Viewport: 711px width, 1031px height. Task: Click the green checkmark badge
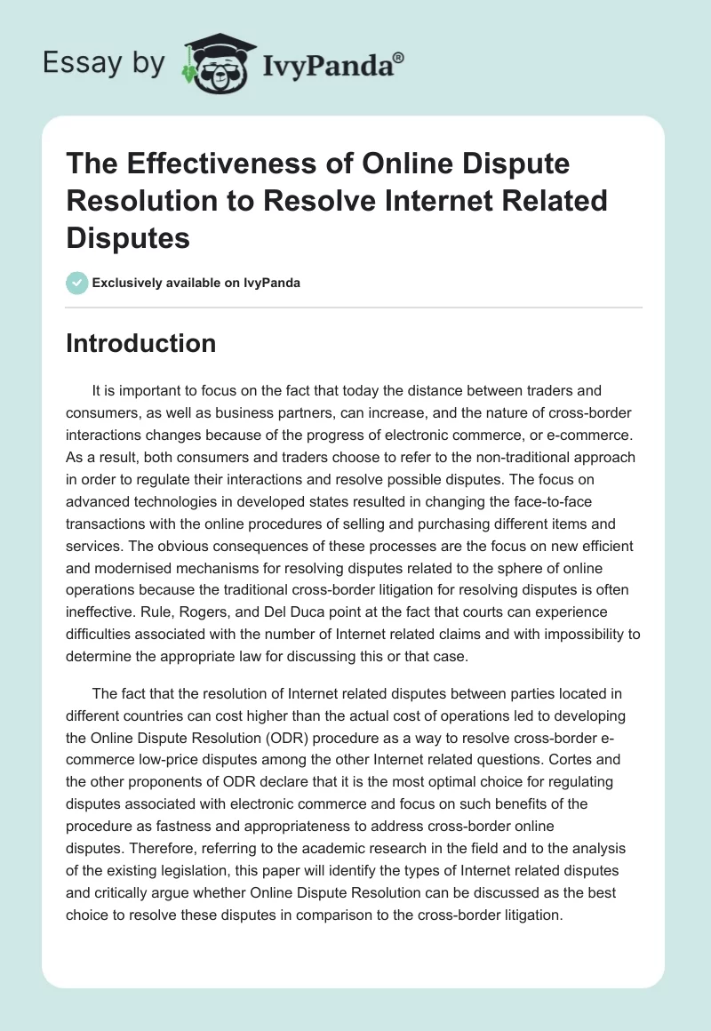[x=76, y=282]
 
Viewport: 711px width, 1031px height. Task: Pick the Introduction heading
[x=140, y=343]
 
